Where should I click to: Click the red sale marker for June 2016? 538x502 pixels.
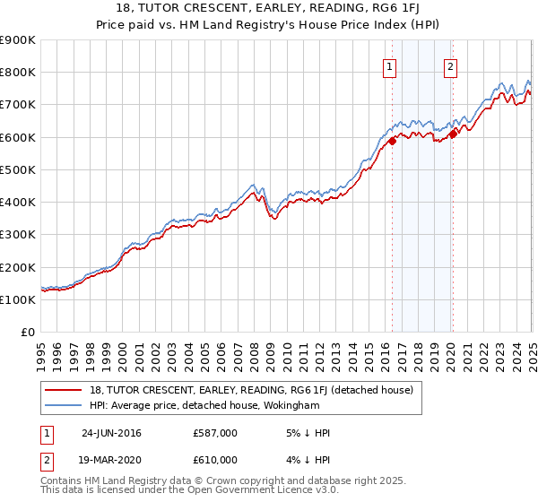pos(393,142)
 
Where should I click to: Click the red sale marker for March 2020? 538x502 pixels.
pos(454,134)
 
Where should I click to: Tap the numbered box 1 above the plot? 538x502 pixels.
pos(391,65)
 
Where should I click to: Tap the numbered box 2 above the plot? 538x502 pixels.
pos(449,65)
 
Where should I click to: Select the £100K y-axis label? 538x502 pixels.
pos(18,299)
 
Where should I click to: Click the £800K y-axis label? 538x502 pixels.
pos(18,73)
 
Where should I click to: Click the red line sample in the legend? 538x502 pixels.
pos(64,390)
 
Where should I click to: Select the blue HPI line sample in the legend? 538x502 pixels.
pos(64,405)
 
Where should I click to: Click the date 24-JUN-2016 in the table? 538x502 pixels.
pos(111,433)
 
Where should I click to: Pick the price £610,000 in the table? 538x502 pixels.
pos(215,458)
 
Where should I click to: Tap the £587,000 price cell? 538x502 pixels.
pos(215,433)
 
